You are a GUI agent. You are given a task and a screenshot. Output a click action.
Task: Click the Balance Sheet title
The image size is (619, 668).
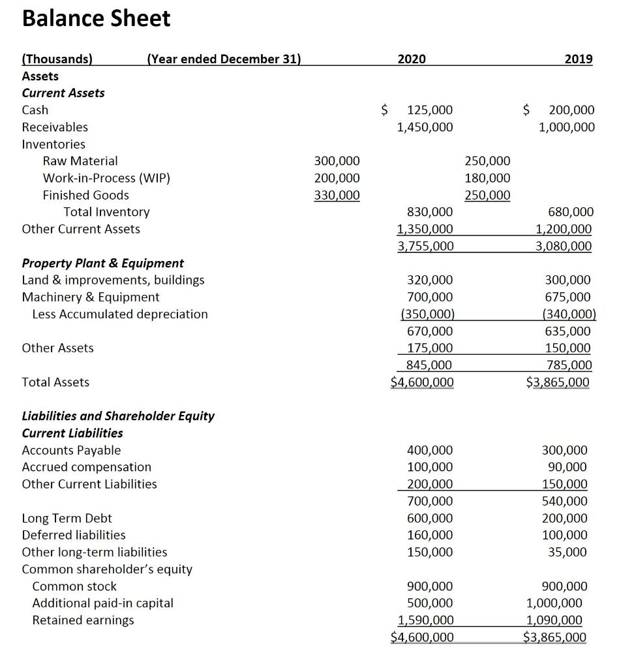[x=96, y=18]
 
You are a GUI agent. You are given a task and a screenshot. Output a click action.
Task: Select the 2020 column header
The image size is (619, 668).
[x=411, y=59]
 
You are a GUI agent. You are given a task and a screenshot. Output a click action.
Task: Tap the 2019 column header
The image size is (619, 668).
[x=578, y=59]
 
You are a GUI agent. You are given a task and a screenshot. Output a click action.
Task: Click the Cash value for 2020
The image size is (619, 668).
[x=429, y=110]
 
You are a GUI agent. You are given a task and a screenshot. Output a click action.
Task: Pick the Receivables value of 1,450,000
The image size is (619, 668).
[x=425, y=127]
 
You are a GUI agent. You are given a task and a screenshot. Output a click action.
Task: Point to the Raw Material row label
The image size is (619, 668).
[x=80, y=161]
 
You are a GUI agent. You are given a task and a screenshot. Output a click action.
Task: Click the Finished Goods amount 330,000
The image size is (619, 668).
[x=337, y=195]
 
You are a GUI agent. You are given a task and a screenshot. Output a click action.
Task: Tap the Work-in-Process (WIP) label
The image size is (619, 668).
[x=106, y=178]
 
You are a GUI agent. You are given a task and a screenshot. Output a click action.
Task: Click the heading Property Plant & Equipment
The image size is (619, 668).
[x=103, y=263]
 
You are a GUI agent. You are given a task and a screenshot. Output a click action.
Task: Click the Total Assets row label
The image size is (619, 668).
[x=55, y=382]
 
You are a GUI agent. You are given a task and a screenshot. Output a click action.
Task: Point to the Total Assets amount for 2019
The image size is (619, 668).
[x=558, y=382]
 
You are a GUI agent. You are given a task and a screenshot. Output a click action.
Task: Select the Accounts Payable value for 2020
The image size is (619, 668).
[x=429, y=450]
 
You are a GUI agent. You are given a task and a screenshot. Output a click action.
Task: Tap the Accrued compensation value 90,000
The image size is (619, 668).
[x=570, y=467]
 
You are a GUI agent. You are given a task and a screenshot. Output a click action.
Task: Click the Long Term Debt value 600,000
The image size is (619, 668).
[x=429, y=518]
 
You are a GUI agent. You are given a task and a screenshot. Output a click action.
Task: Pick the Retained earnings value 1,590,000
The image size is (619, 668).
[x=425, y=620]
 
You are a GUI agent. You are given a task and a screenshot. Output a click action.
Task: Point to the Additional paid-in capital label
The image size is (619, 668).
[x=102, y=603]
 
